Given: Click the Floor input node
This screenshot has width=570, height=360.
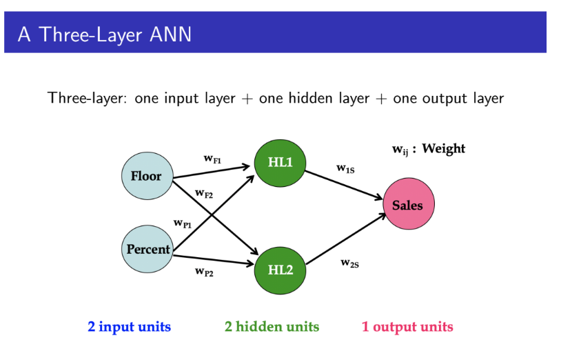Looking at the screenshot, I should click(x=145, y=176).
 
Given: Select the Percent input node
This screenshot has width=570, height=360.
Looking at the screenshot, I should click(x=147, y=249).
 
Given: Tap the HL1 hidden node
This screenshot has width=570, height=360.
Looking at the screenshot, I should click(x=280, y=163).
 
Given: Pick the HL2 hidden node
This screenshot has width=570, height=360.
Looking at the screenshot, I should click(x=280, y=269).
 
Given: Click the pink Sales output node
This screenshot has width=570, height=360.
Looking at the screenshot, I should click(x=408, y=205).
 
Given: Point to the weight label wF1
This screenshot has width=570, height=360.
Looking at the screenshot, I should click(x=212, y=159).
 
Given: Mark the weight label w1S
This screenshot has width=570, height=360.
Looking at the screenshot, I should click(x=345, y=168).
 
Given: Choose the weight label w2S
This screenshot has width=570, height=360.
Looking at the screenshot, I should click(x=349, y=263).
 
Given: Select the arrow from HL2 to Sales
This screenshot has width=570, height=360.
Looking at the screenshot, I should click(x=345, y=239).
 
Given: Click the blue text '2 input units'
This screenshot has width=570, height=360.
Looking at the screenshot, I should click(x=129, y=326).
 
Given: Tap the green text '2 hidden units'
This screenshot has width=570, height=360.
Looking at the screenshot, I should click(x=272, y=326).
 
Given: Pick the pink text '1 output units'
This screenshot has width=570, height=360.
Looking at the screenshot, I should click(x=407, y=326).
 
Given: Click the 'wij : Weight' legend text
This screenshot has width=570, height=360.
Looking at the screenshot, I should click(x=428, y=149).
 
